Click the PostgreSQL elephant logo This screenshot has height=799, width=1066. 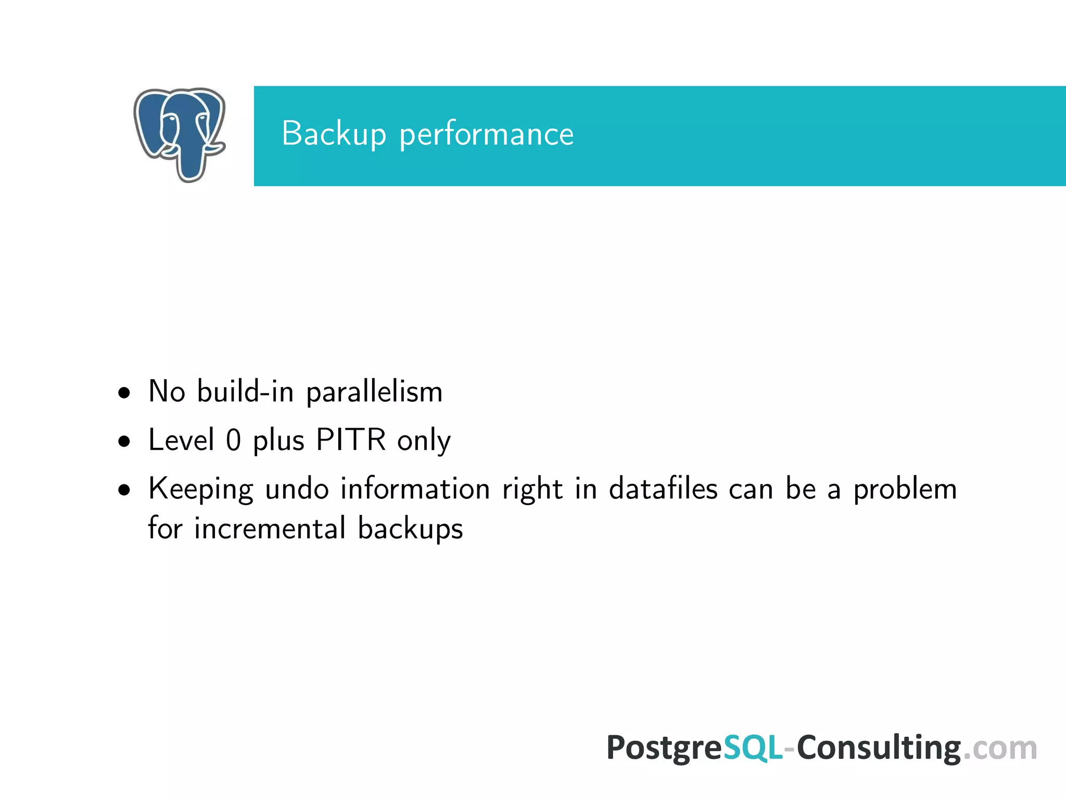coord(180,134)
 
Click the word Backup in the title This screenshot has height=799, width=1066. coord(334,134)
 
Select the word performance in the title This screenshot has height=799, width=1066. coord(486,135)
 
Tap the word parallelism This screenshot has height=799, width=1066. coord(374,392)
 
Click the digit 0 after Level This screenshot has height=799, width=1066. coord(234,440)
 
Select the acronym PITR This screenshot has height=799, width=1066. coord(351,440)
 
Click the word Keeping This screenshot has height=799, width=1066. coord(201,490)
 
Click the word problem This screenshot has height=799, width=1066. coord(905,490)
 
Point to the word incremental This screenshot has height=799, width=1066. coord(270,529)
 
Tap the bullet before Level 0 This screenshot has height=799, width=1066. coord(124,442)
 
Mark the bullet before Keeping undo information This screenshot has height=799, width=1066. coord(124,491)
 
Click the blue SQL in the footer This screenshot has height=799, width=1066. coord(753,748)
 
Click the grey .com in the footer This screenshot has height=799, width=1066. coord(1000,749)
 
